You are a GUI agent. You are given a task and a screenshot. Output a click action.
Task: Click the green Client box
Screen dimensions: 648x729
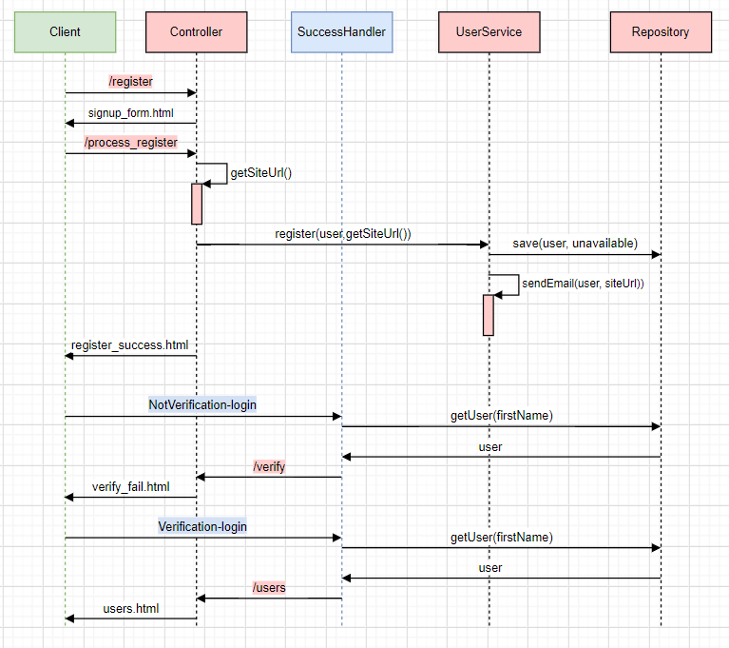tap(65, 32)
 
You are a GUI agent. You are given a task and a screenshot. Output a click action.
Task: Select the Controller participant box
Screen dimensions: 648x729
tap(196, 32)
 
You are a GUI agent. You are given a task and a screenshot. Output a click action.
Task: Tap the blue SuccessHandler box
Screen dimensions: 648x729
tap(341, 32)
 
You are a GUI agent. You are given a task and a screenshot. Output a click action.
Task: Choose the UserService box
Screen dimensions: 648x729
tap(489, 32)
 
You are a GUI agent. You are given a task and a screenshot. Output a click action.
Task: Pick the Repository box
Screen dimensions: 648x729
tap(661, 32)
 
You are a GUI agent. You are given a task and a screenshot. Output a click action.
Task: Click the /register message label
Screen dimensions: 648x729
tap(131, 82)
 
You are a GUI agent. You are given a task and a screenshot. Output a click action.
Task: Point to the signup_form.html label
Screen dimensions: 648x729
tap(131, 112)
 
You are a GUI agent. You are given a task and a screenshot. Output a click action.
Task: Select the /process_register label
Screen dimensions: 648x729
tap(131, 143)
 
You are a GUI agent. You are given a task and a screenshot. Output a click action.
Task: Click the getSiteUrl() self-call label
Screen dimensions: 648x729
tap(260, 173)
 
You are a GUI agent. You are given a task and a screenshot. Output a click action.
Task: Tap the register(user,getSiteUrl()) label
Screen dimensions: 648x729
tap(343, 233)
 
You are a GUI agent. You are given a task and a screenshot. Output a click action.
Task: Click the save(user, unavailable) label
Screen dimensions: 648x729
tap(575, 243)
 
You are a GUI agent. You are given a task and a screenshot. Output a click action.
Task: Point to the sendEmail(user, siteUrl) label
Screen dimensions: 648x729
tap(583, 284)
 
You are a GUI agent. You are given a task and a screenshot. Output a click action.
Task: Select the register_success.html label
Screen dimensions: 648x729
tap(129, 344)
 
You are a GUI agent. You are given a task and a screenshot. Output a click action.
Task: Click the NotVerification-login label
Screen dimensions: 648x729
tap(202, 404)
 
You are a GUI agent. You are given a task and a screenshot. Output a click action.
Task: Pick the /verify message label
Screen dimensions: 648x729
tap(269, 466)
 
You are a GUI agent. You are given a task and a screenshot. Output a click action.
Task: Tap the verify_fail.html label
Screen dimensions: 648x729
tap(131, 486)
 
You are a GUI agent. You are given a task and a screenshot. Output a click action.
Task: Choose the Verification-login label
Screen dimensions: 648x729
tap(202, 526)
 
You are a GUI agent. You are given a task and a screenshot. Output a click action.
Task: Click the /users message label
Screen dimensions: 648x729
tap(269, 588)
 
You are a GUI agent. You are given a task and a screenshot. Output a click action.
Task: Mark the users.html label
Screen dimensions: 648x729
tap(131, 608)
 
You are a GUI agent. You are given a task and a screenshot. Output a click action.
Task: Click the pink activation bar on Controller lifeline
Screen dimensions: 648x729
tap(197, 204)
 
